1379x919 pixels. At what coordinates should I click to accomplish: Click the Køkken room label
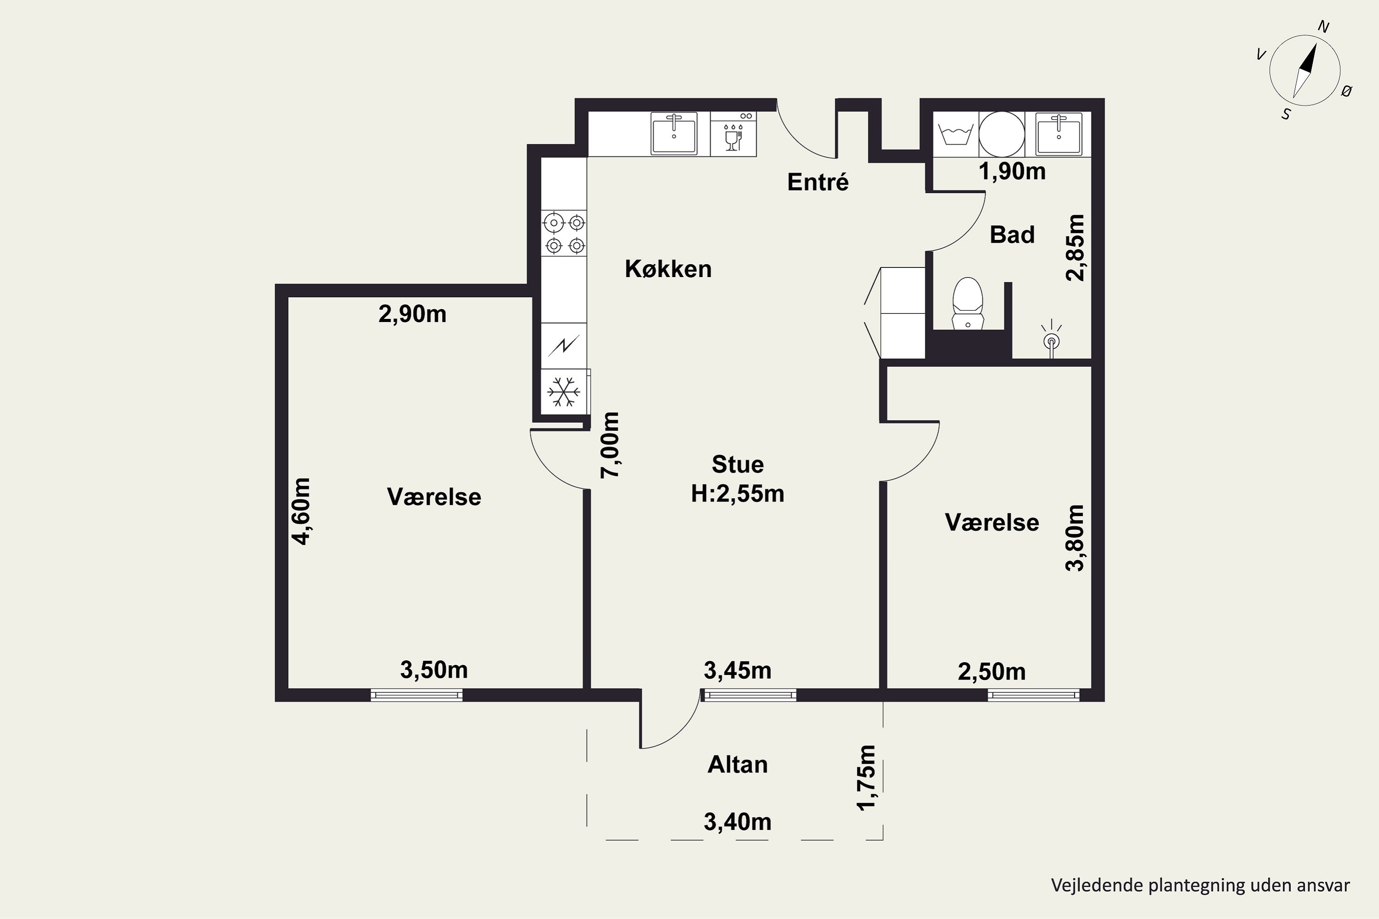click(668, 269)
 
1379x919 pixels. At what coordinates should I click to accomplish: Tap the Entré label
click(818, 182)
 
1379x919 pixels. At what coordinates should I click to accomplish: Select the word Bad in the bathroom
click(1012, 235)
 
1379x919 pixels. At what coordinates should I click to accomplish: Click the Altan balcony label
click(738, 765)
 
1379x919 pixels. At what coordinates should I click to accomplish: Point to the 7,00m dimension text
click(610, 445)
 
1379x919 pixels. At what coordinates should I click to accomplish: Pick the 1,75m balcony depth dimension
click(866, 778)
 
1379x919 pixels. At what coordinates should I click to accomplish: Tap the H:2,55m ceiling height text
click(738, 494)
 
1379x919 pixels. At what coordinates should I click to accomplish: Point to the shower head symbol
click(1052, 340)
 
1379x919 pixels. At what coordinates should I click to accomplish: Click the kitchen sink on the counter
click(674, 134)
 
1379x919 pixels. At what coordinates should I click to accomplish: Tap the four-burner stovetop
click(564, 233)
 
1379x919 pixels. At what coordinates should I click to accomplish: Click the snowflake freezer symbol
click(564, 391)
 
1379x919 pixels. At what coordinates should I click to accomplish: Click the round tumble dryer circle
click(1002, 134)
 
